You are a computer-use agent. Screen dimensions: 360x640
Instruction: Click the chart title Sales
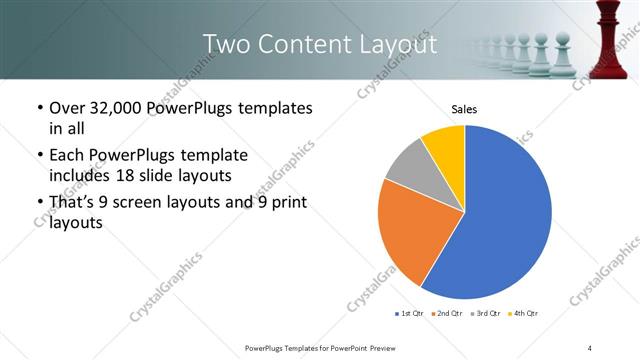pos(464,109)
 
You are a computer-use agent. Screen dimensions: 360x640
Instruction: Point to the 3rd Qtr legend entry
pos(483,314)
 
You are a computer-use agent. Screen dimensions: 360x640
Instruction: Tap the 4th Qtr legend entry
pos(522,314)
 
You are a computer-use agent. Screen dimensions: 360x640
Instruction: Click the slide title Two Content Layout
pos(319,44)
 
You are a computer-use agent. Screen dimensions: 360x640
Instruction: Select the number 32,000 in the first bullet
pos(116,107)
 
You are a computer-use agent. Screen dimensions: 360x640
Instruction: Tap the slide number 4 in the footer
pos(590,347)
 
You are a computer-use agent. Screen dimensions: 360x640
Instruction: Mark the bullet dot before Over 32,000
pos(39,108)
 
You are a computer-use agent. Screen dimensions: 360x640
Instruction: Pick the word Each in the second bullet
pos(68,155)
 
